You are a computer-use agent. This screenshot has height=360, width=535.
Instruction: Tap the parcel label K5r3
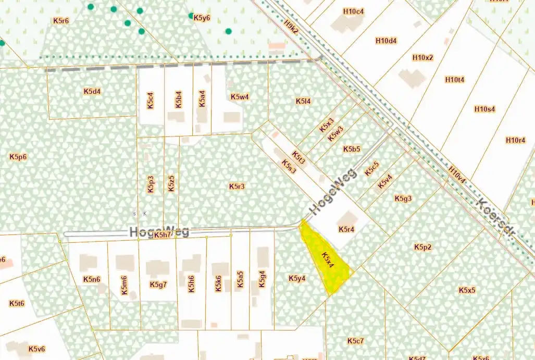pyautogui.click(x=237, y=186)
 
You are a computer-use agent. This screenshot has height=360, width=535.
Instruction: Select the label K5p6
pyautogui.click(x=18, y=156)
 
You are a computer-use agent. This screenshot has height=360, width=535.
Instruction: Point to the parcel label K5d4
pyautogui.click(x=92, y=91)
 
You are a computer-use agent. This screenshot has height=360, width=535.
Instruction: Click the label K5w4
pyautogui.click(x=240, y=97)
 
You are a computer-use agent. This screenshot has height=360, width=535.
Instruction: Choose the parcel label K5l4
pyautogui.click(x=303, y=101)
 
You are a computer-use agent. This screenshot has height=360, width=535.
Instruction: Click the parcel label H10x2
pyautogui.click(x=422, y=57)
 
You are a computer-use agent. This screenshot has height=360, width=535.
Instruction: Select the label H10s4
pyautogui.click(x=484, y=109)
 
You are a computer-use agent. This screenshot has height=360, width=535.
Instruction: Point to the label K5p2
pyautogui.click(x=423, y=246)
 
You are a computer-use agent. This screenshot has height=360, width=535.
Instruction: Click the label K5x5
pyautogui.click(x=467, y=290)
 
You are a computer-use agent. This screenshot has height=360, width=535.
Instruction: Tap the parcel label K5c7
pyautogui.click(x=355, y=341)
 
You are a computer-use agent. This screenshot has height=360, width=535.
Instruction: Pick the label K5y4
pyautogui.click(x=297, y=278)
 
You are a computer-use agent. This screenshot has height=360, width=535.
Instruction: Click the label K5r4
pyautogui.click(x=346, y=229)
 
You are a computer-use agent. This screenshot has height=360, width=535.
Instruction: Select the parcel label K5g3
pyautogui.click(x=403, y=198)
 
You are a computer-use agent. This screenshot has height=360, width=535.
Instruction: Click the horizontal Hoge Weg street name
pyautogui.click(x=159, y=232)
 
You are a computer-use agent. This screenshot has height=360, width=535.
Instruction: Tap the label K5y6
pyautogui.click(x=202, y=18)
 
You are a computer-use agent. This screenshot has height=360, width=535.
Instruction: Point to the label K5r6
pyautogui.click(x=61, y=21)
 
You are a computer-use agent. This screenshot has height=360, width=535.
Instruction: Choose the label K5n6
pyautogui.click(x=91, y=279)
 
